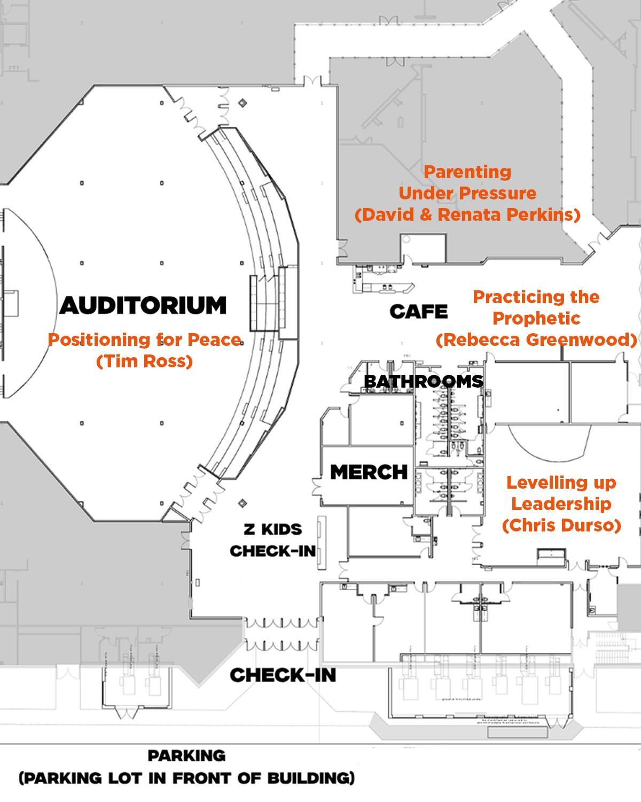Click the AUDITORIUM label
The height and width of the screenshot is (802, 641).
coord(143,306)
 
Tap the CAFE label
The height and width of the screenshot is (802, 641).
coord(419,312)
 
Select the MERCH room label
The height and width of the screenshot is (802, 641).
coord(369,472)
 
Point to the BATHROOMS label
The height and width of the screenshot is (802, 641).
coord(424,382)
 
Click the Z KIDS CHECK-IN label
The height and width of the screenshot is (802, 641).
coord(272,541)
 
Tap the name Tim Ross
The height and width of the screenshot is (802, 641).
coord(145,361)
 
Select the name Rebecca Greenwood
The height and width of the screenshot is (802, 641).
coord(536,340)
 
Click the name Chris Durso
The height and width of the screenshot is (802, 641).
coord(561,526)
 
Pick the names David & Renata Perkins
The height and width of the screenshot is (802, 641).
coord(467,214)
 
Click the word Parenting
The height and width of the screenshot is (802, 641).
coord(467,172)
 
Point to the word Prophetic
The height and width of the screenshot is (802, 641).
coord(536,319)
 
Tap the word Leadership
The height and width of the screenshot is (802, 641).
coord(561,504)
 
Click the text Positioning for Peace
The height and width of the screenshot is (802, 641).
coord(145,340)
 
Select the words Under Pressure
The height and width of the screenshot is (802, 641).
coord(467,193)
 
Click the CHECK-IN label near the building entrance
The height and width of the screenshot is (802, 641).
coord(283,675)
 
